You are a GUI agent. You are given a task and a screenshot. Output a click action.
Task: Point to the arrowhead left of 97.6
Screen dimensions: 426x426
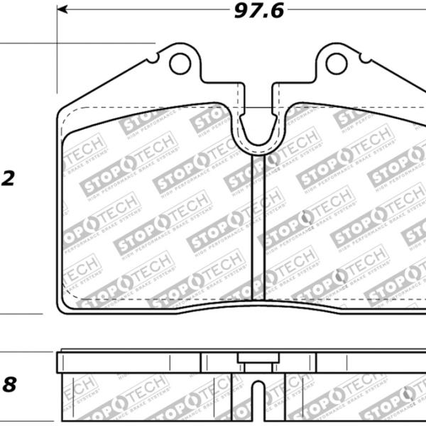(62, 10)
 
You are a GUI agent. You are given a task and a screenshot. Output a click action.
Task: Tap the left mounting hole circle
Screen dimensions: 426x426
(180, 64)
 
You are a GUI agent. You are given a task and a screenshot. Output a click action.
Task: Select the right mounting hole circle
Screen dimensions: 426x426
(337, 64)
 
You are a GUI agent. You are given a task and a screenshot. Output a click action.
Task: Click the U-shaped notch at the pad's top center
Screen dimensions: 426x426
(258, 131)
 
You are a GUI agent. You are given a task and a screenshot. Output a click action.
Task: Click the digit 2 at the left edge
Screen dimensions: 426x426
(9, 179)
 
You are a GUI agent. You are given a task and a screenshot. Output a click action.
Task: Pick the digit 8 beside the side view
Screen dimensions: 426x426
(9, 386)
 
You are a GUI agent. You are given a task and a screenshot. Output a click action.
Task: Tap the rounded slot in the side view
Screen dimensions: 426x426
(258, 401)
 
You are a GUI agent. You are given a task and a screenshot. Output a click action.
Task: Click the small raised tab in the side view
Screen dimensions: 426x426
(258, 359)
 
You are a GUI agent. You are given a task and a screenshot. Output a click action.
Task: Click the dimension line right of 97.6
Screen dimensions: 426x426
(355, 10)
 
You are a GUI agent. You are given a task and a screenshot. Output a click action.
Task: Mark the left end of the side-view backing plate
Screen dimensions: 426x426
(58, 362)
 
